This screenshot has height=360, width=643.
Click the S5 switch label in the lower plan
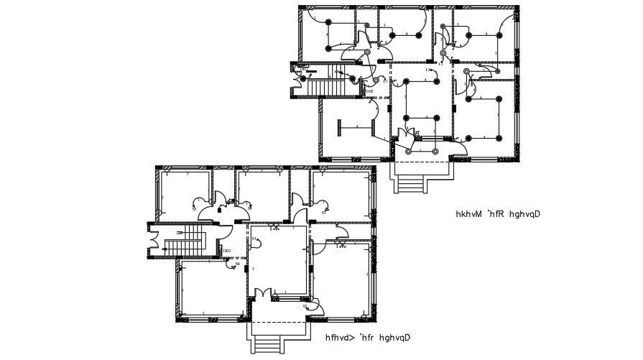(x=195, y=209)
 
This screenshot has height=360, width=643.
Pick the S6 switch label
(x=238, y=264)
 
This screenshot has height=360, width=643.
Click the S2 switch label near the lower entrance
(x=305, y=306)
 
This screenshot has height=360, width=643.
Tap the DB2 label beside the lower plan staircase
(x=227, y=250)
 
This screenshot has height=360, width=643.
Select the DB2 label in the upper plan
(x=369, y=91)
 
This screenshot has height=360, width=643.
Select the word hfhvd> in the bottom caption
(x=341, y=337)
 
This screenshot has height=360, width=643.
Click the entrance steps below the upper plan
(x=412, y=184)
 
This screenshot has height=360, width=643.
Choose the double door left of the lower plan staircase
(x=154, y=239)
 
